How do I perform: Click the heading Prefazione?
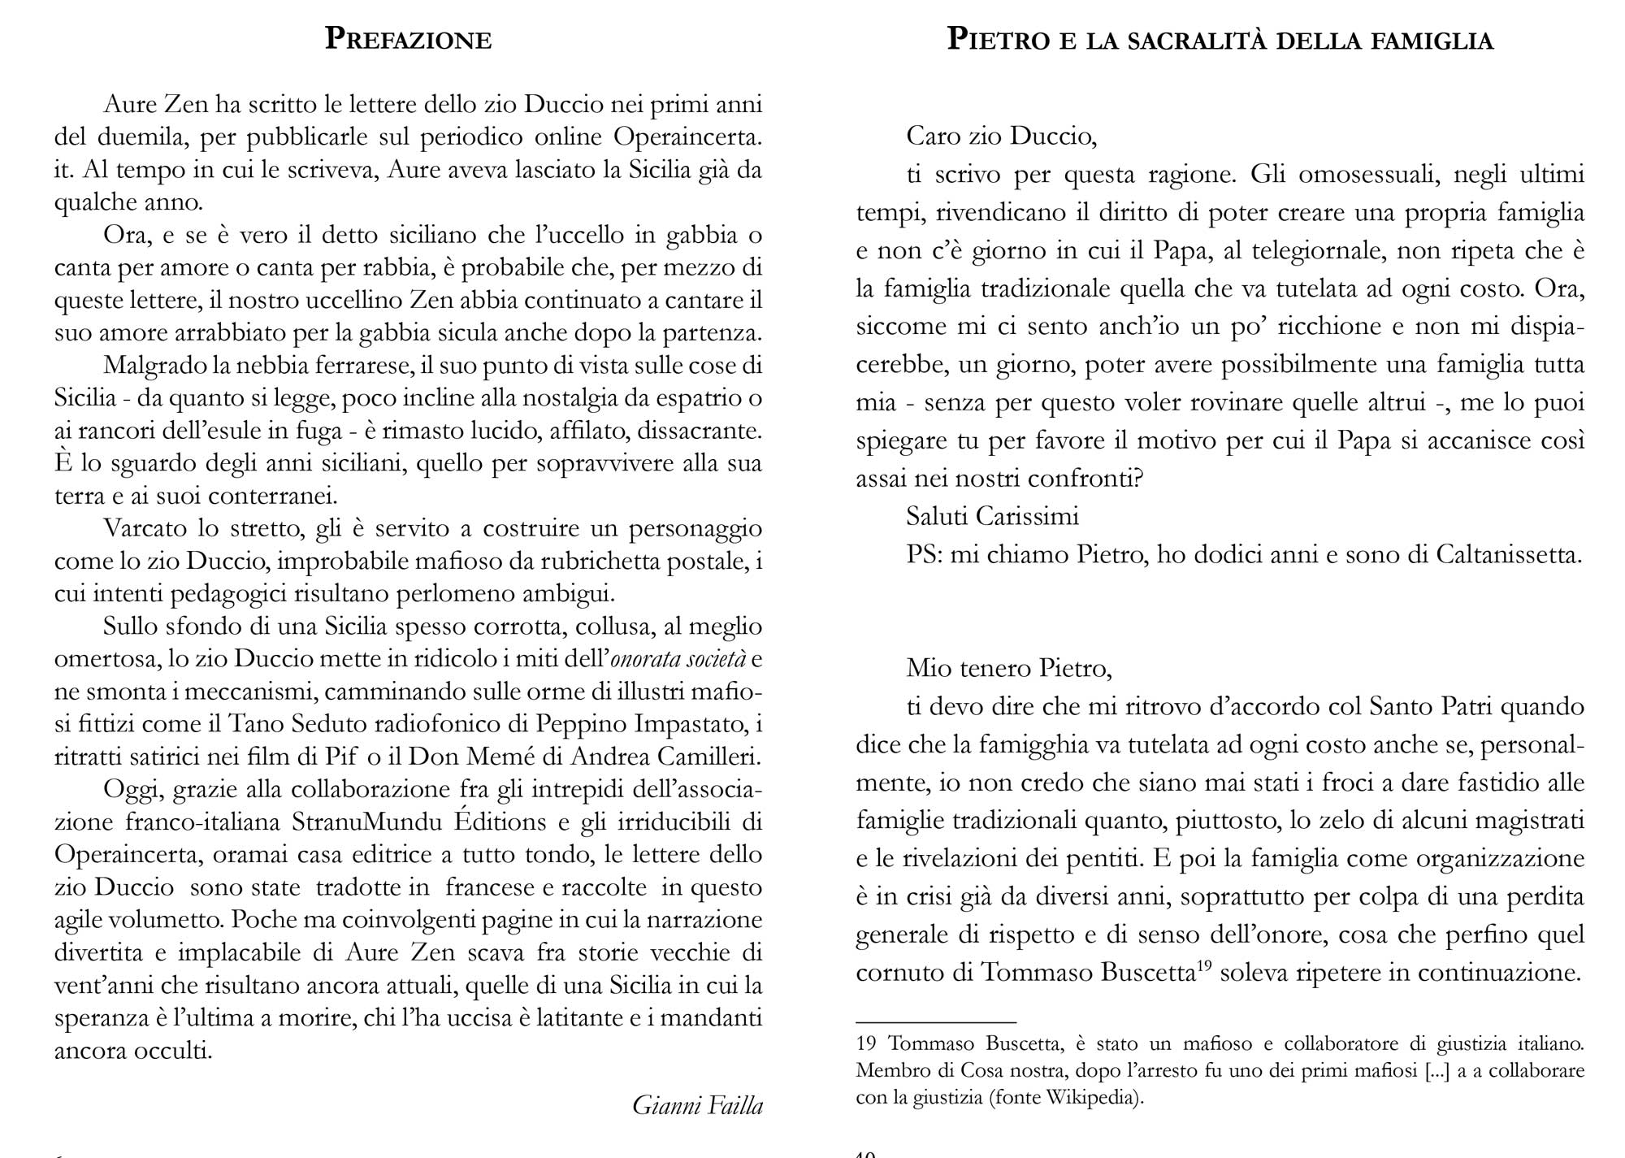408,39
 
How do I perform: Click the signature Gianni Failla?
697,1105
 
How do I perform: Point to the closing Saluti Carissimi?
992,516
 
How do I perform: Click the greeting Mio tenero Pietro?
1008,668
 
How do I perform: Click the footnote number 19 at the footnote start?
867,1044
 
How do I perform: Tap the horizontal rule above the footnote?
936,1021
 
